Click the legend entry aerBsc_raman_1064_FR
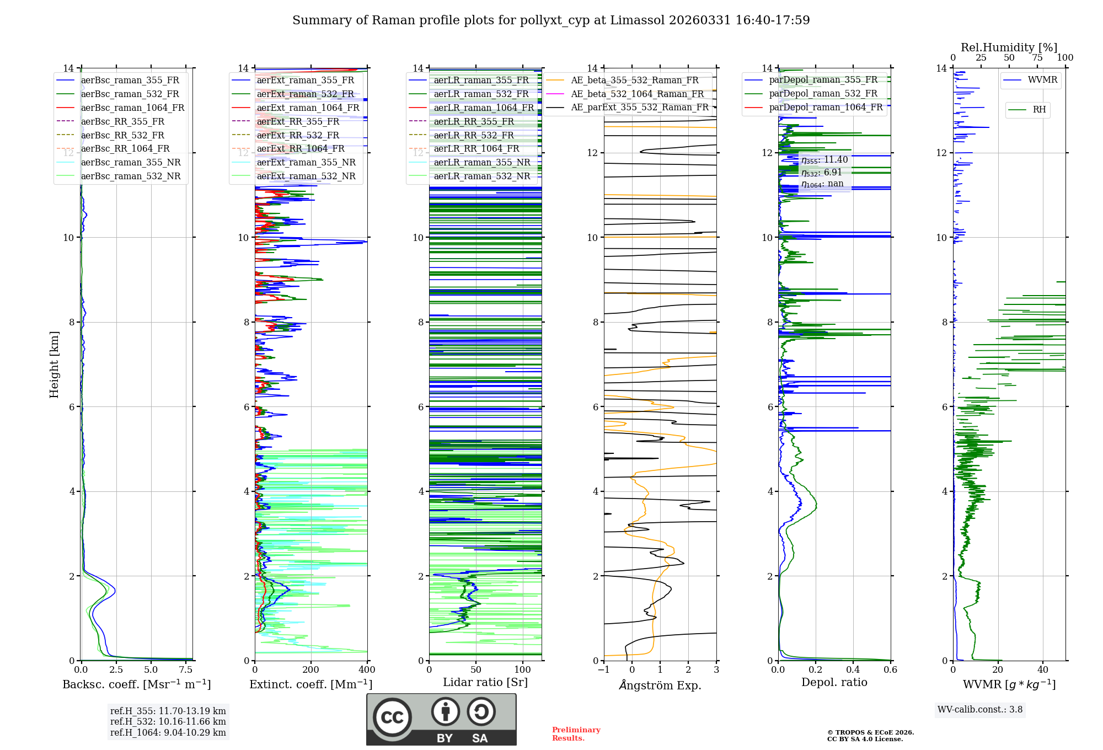132,108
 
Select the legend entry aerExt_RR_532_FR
298,135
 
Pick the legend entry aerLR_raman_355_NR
481,163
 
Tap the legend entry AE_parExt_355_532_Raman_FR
640,108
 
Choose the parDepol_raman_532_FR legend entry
823,94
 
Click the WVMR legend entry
1042,80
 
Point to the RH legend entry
1039,110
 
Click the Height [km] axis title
54,364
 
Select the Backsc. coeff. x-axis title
136,684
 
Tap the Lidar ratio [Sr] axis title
485,682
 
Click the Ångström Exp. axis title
660,685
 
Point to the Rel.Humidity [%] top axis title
1009,47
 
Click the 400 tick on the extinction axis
367,670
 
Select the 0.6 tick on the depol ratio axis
890,670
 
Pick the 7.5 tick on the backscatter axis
186,670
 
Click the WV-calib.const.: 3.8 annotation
980,710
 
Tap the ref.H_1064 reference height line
168,733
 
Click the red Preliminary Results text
576,734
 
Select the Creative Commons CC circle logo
392,717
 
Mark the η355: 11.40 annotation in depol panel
824,160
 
